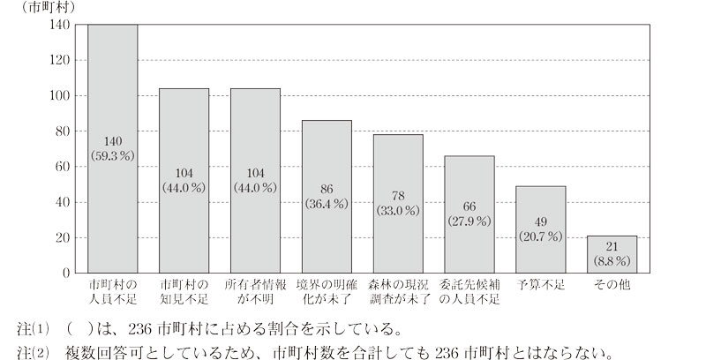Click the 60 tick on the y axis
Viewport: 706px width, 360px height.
(63, 167)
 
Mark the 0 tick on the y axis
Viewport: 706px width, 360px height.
(66, 273)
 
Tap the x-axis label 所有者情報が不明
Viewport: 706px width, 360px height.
(255, 292)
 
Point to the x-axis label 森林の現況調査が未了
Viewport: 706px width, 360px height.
(398, 292)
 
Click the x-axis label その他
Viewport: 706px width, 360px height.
(612, 285)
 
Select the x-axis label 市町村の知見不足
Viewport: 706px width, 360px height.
(184, 292)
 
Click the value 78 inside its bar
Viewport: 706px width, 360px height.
(398, 196)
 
